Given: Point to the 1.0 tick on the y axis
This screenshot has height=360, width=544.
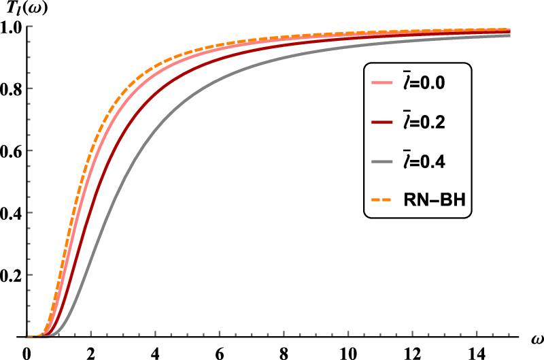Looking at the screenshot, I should [x=12, y=27].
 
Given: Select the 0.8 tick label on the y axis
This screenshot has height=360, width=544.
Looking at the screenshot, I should [x=12, y=88].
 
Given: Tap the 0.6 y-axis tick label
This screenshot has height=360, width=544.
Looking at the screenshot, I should [x=12, y=151].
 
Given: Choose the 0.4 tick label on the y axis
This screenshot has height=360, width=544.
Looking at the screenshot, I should [x=12, y=213].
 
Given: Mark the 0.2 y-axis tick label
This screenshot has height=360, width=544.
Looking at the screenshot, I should [x=12, y=275].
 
